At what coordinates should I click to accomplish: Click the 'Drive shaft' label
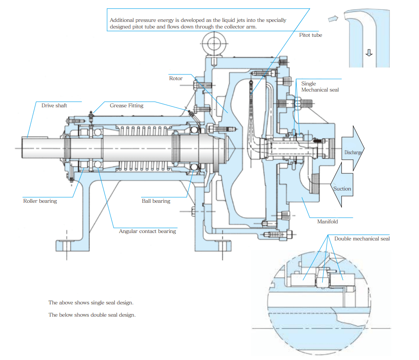[x=54, y=106]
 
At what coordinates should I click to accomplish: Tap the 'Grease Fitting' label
[x=126, y=106]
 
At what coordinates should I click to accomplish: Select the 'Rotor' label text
[x=176, y=78]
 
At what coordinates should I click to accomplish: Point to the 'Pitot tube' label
[x=310, y=35]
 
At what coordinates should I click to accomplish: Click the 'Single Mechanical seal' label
[x=320, y=87]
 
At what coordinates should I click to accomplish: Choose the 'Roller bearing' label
[x=40, y=201]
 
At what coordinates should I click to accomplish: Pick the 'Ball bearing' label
[x=156, y=201]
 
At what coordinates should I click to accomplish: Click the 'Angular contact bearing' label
[x=147, y=231]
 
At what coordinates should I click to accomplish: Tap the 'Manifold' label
[x=327, y=222]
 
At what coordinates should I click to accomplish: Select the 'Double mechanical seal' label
[x=362, y=239]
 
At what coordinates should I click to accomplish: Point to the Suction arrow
[x=342, y=189]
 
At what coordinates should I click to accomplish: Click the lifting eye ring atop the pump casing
[x=214, y=44]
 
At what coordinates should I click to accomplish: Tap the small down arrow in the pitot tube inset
[x=369, y=53]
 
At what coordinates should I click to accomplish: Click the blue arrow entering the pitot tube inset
[x=333, y=18]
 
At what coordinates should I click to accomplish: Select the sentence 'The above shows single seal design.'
[x=91, y=303]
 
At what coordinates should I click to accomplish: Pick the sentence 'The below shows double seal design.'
[x=92, y=315]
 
